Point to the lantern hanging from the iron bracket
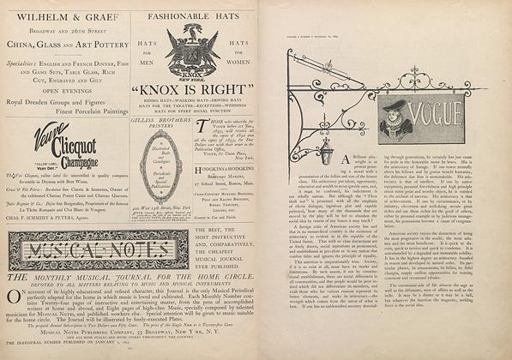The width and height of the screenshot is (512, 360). point(327,154)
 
